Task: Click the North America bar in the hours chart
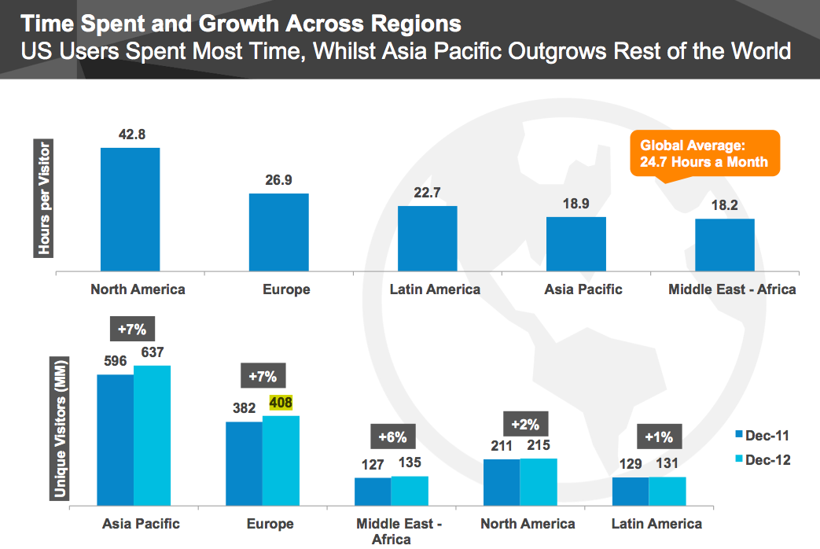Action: click(x=130, y=210)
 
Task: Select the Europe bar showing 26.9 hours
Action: click(x=278, y=233)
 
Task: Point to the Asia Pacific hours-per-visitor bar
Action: click(x=575, y=245)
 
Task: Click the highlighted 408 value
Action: click(x=281, y=403)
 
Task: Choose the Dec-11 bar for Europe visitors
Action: click(x=244, y=463)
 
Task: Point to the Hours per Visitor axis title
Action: click(x=44, y=198)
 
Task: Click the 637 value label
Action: click(x=152, y=352)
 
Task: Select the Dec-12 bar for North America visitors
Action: click(x=539, y=481)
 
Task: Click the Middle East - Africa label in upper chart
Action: click(x=732, y=289)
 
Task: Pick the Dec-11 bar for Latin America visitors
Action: click(x=630, y=491)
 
